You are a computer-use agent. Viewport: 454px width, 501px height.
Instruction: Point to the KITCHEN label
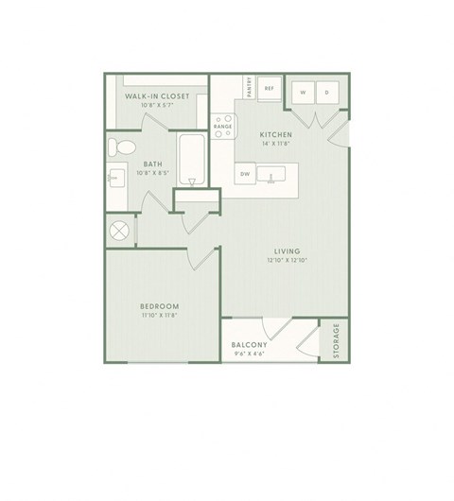(276, 135)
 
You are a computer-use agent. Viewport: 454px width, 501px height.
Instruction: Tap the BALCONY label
(251, 345)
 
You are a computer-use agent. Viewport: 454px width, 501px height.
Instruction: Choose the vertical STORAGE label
(335, 342)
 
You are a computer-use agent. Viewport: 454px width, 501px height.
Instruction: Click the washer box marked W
(302, 93)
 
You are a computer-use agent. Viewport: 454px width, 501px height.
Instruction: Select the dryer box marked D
(326, 93)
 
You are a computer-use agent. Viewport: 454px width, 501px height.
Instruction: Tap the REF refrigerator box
(269, 88)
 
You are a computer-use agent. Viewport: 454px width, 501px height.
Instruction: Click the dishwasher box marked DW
(245, 174)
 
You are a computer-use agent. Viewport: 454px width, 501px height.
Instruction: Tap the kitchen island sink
(275, 175)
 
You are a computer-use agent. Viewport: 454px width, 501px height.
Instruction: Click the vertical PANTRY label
(250, 88)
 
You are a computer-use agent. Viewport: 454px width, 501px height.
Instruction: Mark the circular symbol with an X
(119, 232)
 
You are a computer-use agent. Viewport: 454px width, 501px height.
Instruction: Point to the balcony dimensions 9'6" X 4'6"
(251, 354)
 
